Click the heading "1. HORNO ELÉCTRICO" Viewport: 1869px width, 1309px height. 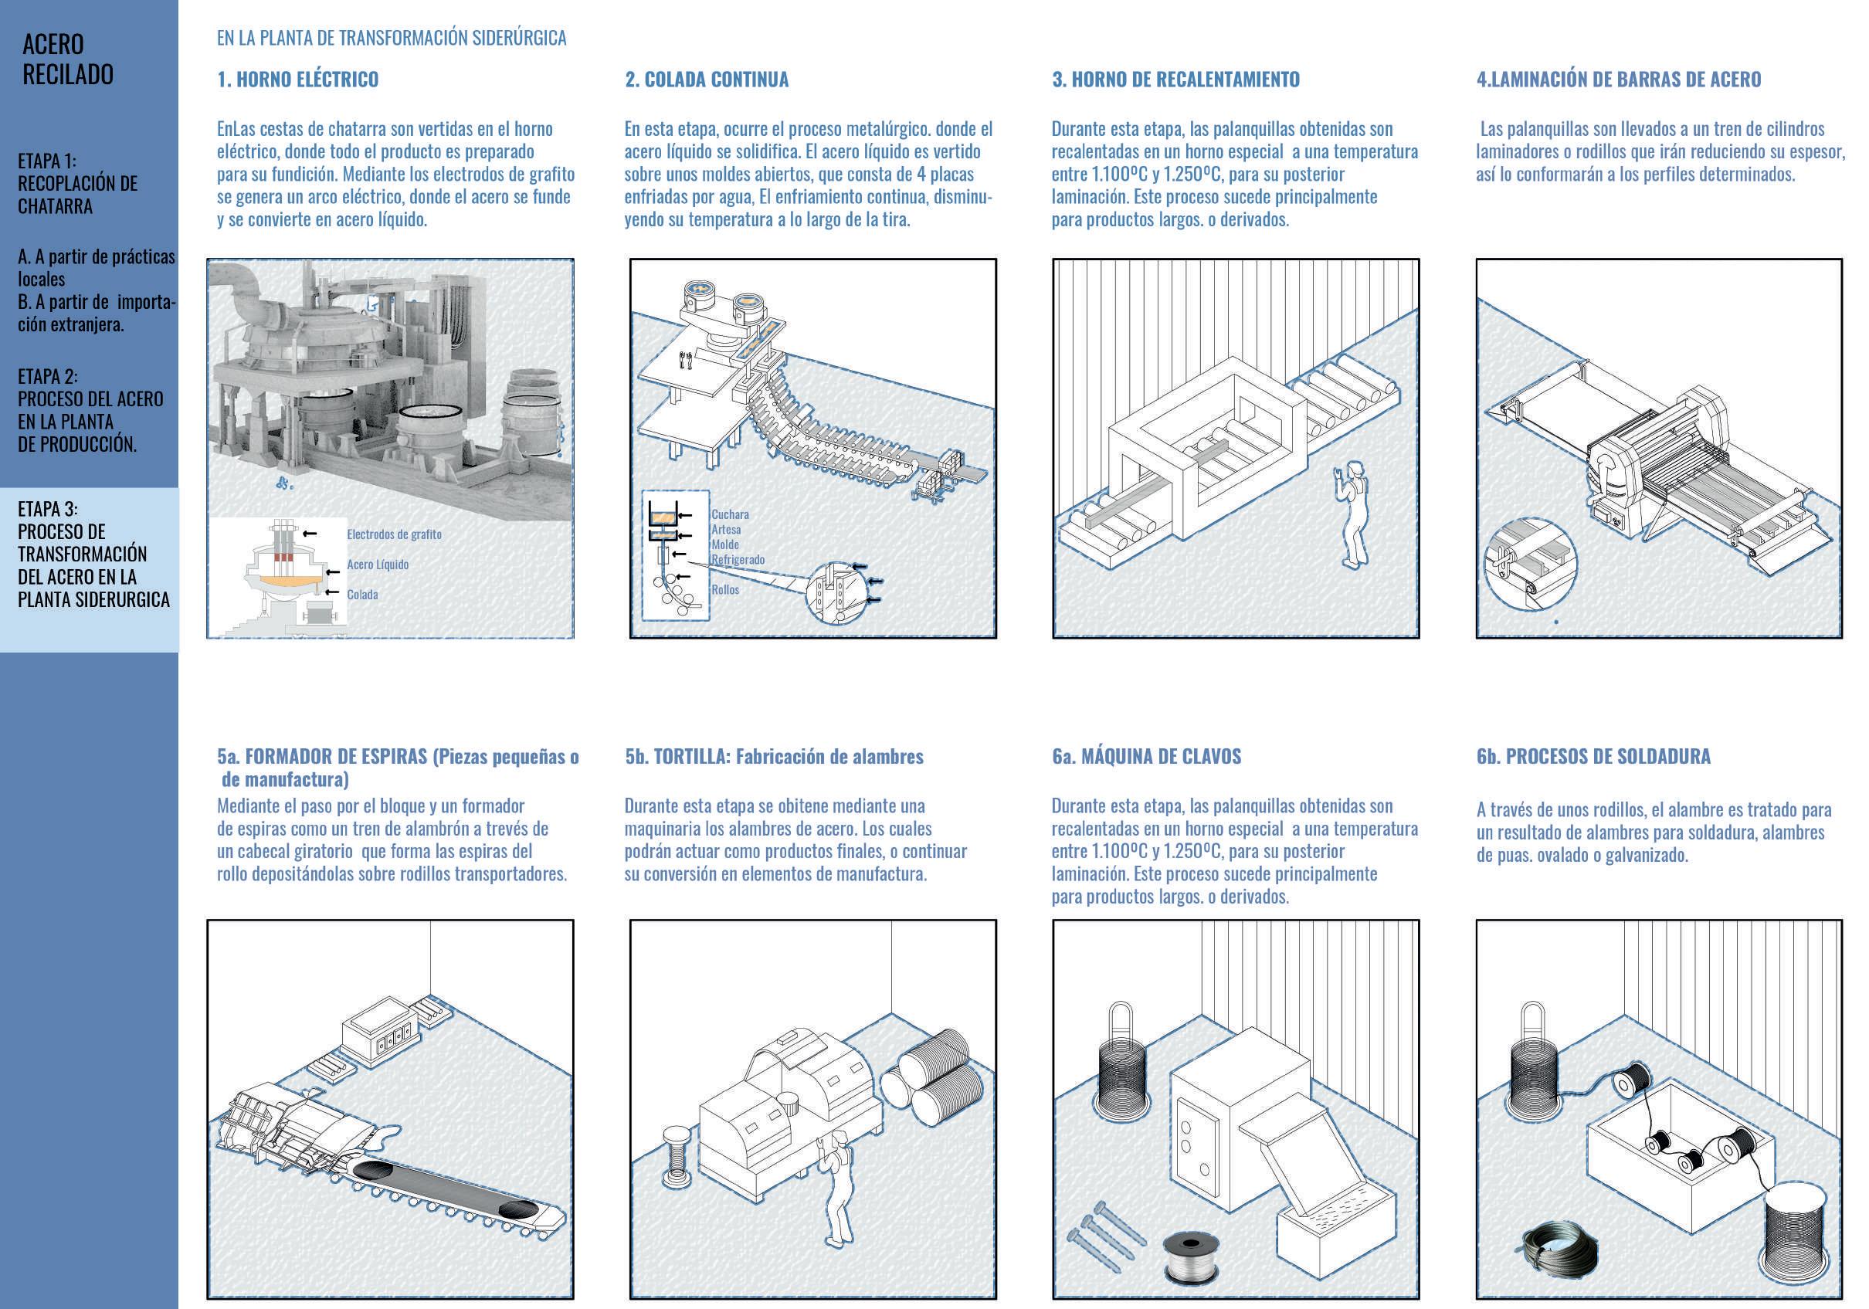pos(297,80)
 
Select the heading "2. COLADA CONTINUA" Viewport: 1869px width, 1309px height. pos(707,80)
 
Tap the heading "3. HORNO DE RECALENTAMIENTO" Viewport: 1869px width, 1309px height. pos(1175,80)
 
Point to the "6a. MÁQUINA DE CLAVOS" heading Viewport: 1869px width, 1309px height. pos(1146,756)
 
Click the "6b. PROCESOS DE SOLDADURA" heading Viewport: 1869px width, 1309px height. pos(1593,756)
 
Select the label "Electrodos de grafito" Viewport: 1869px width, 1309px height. pos(394,534)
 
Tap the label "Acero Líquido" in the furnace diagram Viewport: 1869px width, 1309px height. pos(378,564)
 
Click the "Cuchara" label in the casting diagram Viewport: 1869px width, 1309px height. pos(729,514)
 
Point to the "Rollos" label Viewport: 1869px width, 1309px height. pos(724,589)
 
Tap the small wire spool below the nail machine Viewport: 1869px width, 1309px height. pos(1191,1254)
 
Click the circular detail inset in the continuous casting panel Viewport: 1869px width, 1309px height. pos(839,592)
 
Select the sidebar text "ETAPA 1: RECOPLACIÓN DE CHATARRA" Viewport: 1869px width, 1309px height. pos(77,183)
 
